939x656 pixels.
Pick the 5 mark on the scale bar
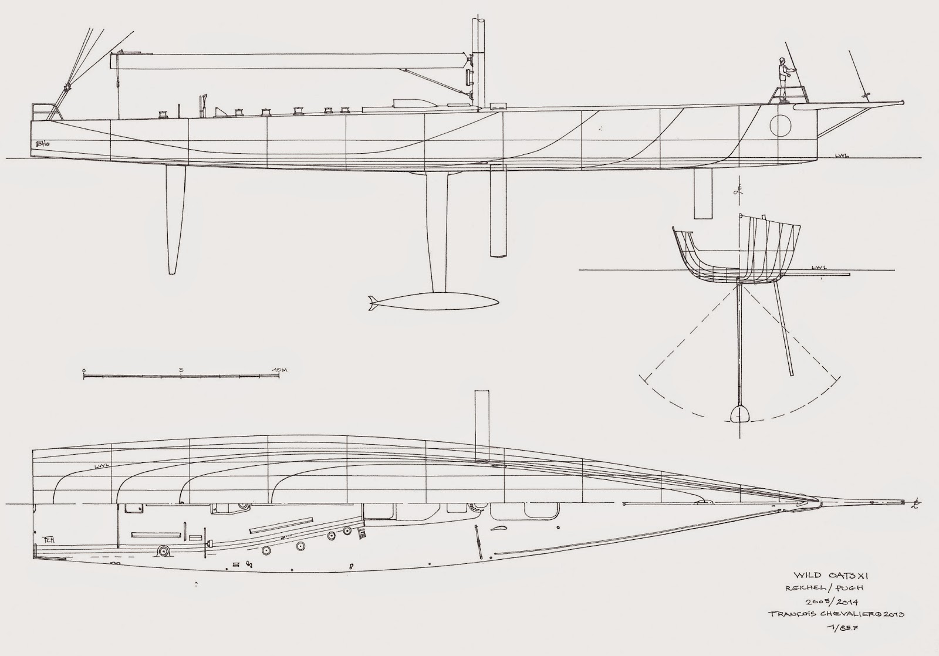tap(181, 370)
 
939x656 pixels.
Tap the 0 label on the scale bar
tap(85, 370)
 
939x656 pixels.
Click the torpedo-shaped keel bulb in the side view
tap(434, 302)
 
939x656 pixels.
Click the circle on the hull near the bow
tap(781, 126)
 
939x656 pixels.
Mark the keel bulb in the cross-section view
tap(739, 413)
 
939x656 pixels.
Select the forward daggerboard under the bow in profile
tap(702, 193)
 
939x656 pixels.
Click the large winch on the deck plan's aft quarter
tap(163, 552)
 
